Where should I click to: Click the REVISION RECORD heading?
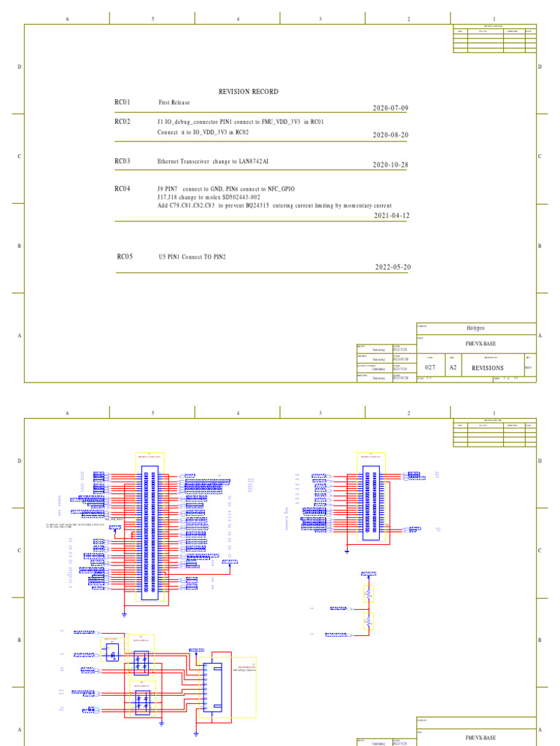tap(248, 92)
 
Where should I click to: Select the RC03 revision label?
tap(122, 161)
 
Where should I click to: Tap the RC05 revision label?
tap(125, 257)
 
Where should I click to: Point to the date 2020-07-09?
tap(390, 109)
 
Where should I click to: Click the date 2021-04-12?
tap(392, 216)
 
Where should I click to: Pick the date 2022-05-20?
tap(393, 267)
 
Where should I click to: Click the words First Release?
tap(174, 103)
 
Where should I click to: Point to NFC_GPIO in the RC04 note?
tap(280, 189)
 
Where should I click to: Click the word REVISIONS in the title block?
tap(488, 368)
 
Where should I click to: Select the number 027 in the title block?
tap(429, 368)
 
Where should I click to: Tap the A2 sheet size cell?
tap(453, 368)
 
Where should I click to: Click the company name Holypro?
tap(476, 328)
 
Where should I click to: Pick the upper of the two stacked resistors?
tap(368, 593)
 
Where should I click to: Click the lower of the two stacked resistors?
tap(368, 621)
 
